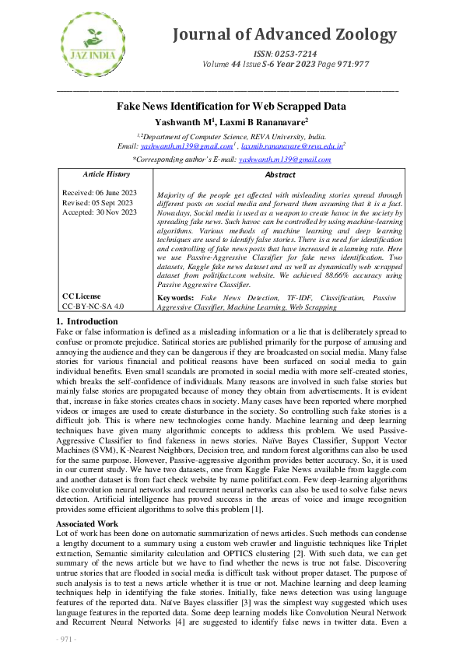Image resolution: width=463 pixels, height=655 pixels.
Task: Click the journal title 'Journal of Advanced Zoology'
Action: click(286, 34)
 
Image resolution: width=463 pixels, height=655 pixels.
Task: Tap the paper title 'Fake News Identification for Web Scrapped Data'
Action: click(231, 107)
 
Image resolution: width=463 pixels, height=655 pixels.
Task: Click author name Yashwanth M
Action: click(181, 121)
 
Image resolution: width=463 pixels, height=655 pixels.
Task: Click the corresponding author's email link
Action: click(285, 159)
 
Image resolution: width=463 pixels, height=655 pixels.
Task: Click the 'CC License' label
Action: click(81, 296)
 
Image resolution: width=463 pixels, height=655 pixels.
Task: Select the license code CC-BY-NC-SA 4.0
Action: click(93, 306)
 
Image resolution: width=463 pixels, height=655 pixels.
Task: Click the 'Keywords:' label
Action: click(175, 297)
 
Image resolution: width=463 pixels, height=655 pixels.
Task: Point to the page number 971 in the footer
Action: click(66, 639)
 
